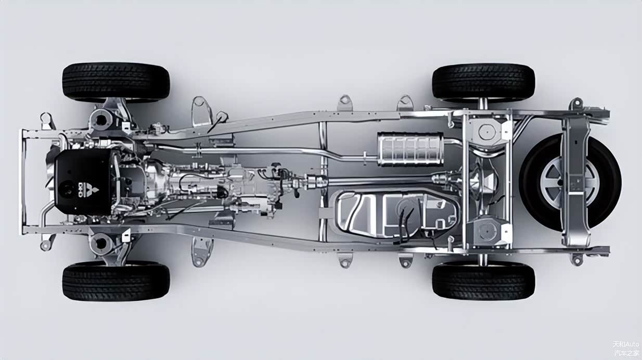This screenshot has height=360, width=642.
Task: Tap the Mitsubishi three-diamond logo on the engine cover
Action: pyautogui.click(x=94, y=190)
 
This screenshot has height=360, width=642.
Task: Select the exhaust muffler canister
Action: pyautogui.click(x=410, y=149)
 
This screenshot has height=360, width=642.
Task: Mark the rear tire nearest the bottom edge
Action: pyautogui.click(x=483, y=281)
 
